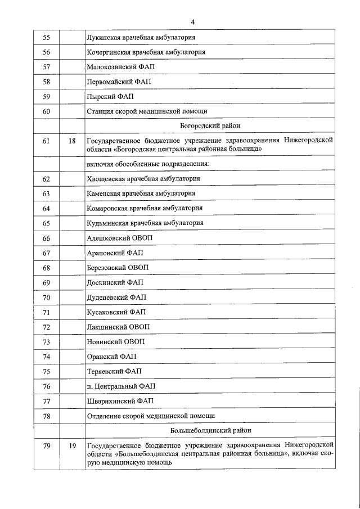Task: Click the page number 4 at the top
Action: (x=192, y=22)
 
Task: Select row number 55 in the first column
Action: (x=47, y=37)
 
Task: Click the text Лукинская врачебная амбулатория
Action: (x=141, y=37)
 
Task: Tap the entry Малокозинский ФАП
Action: (x=120, y=67)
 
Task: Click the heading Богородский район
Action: (x=210, y=126)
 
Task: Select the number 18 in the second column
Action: (x=72, y=141)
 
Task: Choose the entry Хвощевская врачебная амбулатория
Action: (x=144, y=178)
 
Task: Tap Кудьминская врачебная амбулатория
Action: (x=145, y=223)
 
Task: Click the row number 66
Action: (x=47, y=238)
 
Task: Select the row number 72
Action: (x=47, y=327)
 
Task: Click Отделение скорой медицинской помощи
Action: (x=151, y=416)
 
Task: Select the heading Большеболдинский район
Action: (x=210, y=430)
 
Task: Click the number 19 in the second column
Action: (x=72, y=445)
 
